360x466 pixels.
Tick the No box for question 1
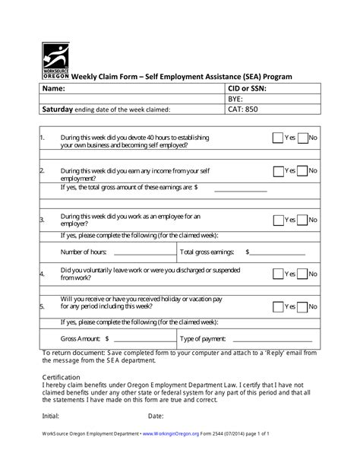pyautogui.click(x=302, y=138)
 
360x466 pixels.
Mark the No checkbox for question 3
pyautogui.click(x=302, y=220)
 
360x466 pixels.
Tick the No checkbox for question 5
pyautogui.click(x=302, y=307)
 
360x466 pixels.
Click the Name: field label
pyautogui.click(x=52, y=88)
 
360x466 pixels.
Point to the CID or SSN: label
pyautogui.click(x=248, y=88)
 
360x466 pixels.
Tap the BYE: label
pyautogui.click(x=236, y=99)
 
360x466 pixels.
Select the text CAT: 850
pyautogui.click(x=244, y=109)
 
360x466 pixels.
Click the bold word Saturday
pyautogui.click(x=57, y=109)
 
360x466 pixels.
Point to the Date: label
pyautogui.click(x=156, y=416)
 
